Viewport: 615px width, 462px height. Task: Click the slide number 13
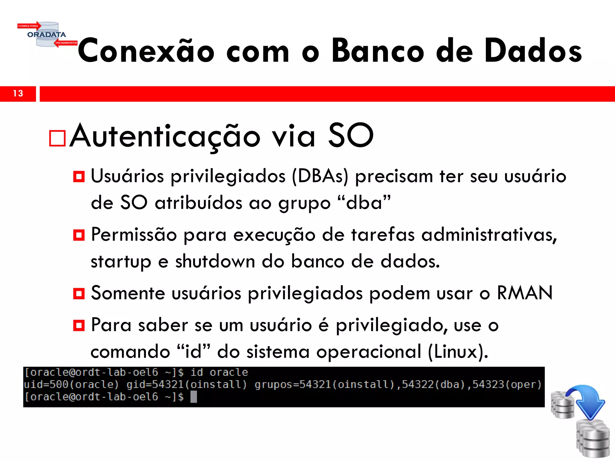(18, 94)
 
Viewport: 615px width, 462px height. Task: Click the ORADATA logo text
(47, 35)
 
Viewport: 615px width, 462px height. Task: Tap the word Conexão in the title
(146, 51)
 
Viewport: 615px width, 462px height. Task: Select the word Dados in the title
(533, 51)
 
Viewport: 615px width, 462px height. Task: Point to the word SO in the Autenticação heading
(351, 136)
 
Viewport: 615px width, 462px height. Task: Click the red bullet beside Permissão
(79, 235)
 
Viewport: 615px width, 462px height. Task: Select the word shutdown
(215, 261)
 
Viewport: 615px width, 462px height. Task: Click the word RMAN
(525, 293)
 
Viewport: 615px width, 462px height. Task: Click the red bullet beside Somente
(79, 293)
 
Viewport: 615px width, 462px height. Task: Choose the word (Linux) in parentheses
(458, 351)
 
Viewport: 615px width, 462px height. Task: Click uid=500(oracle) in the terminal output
(71, 385)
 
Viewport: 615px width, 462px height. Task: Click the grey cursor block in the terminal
(194, 397)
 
